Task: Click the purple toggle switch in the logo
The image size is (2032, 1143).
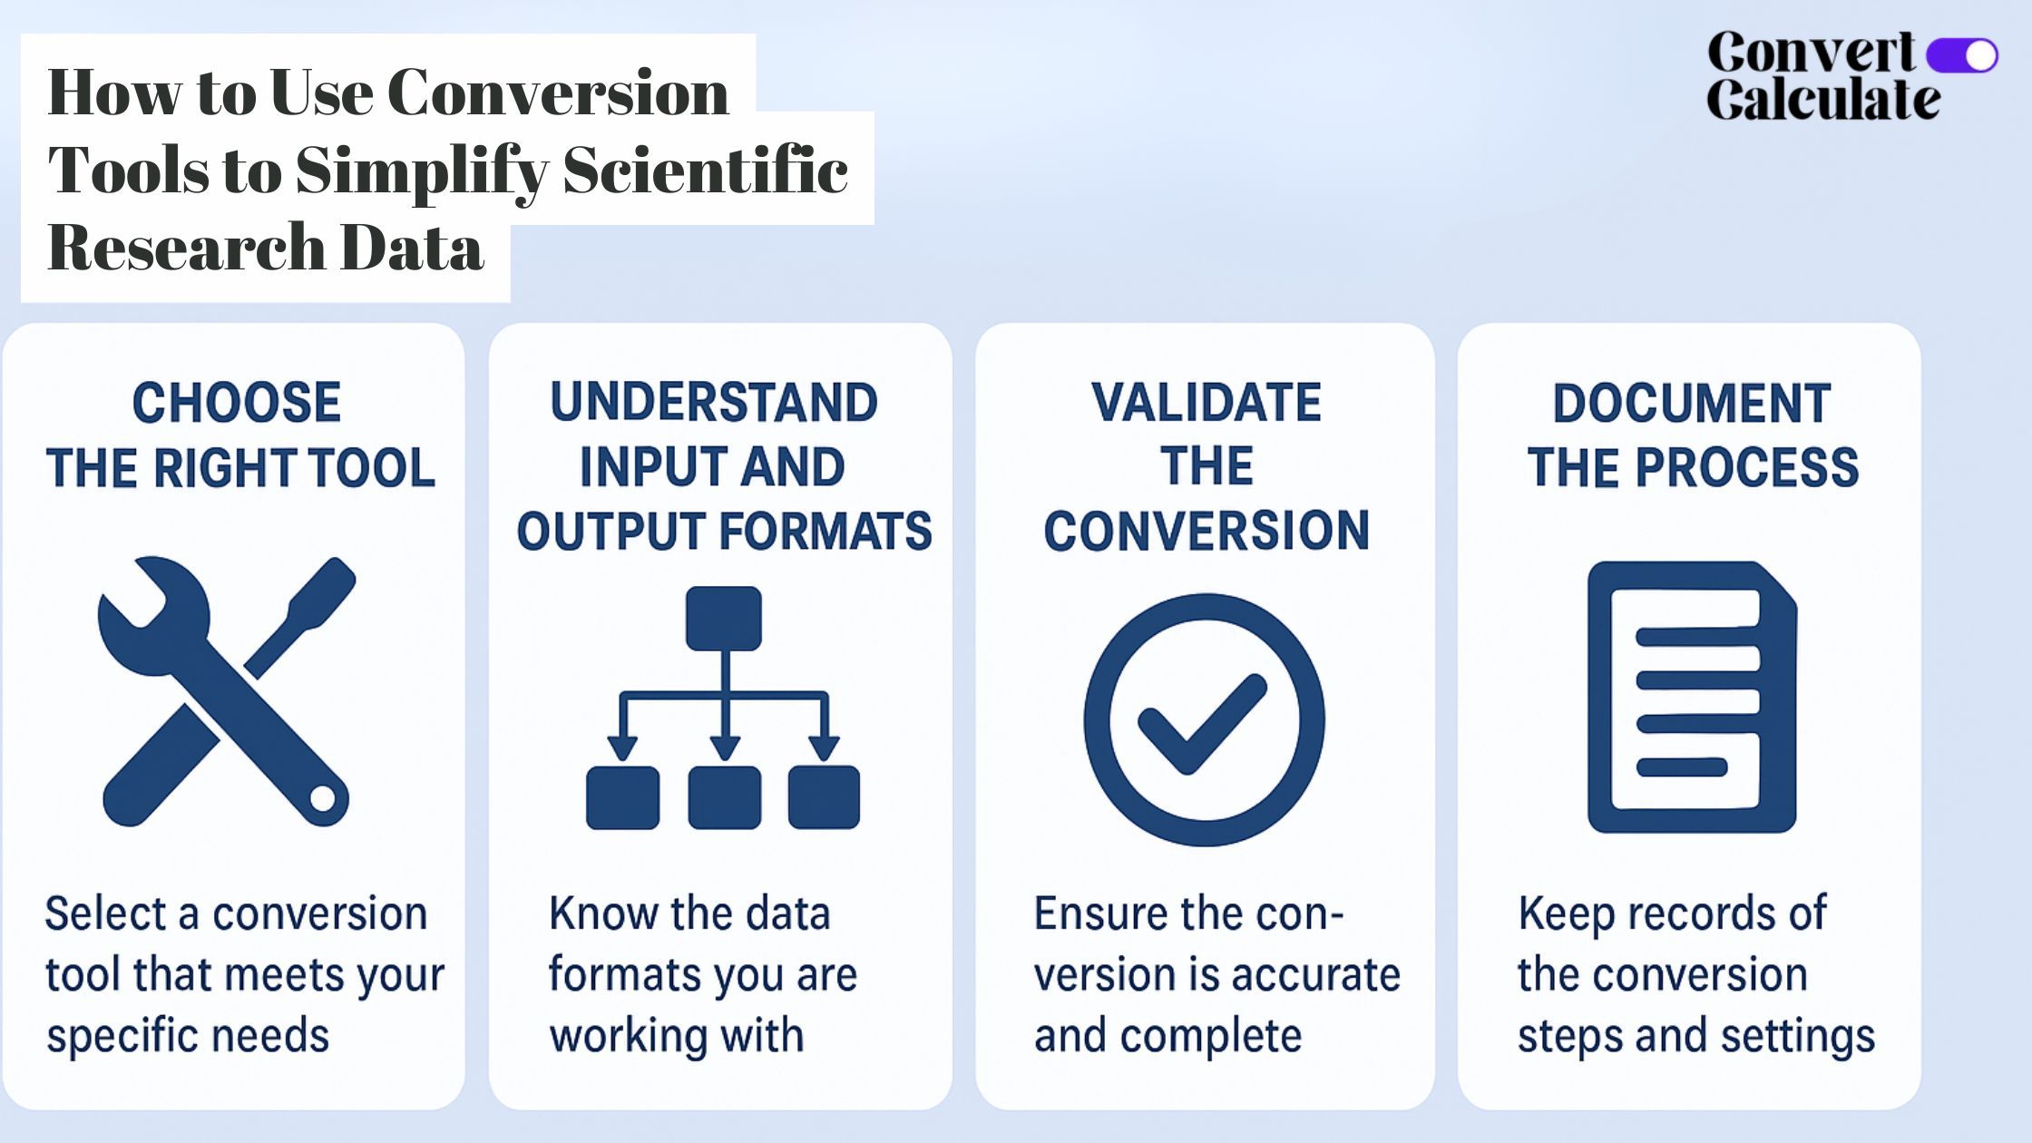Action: coord(1962,55)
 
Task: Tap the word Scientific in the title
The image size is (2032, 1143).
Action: coord(706,169)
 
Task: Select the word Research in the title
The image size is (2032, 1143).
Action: coord(186,247)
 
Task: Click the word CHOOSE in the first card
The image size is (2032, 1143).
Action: coord(237,403)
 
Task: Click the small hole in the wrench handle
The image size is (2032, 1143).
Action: coord(323,799)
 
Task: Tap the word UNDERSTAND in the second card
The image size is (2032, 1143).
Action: coord(714,403)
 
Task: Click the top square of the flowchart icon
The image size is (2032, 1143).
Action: coord(724,618)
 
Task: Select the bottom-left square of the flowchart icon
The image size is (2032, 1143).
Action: coord(623,797)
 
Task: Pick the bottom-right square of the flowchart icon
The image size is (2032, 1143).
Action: coord(824,797)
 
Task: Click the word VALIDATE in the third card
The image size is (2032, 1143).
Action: coord(1206,403)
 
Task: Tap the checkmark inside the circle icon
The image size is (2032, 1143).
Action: coord(1203,724)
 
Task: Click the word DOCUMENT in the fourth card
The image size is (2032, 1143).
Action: coord(1692,404)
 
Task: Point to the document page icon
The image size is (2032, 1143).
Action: coord(1692,697)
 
